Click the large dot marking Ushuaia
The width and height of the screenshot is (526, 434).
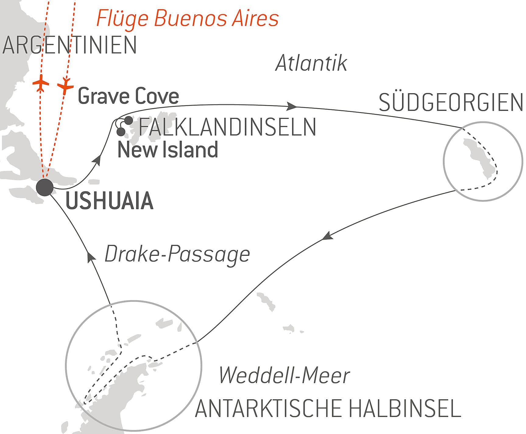pyautogui.click(x=45, y=187)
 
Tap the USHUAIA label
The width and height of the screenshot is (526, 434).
pyautogui.click(x=109, y=201)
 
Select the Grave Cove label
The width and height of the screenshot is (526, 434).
pyautogui.click(x=128, y=96)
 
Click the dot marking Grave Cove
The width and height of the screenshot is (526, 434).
pyautogui.click(x=129, y=120)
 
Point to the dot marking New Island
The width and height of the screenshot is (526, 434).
pyautogui.click(x=121, y=132)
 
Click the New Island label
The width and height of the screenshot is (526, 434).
pyautogui.click(x=168, y=150)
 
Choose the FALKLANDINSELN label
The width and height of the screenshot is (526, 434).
pyautogui.click(x=227, y=127)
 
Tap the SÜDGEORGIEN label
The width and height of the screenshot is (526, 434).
pyautogui.click(x=451, y=103)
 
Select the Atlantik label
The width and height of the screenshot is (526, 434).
pyautogui.click(x=311, y=63)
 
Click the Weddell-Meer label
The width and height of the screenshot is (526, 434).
pyautogui.click(x=284, y=376)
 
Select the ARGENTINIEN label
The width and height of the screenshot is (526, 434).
pyautogui.click(x=69, y=45)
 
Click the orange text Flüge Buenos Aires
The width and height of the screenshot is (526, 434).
pyautogui.click(x=187, y=18)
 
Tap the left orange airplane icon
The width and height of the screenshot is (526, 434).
pyautogui.click(x=41, y=83)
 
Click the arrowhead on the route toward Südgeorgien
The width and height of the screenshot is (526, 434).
pyautogui.click(x=292, y=106)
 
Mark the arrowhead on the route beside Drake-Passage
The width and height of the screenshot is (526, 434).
pyautogui.click(x=91, y=257)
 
